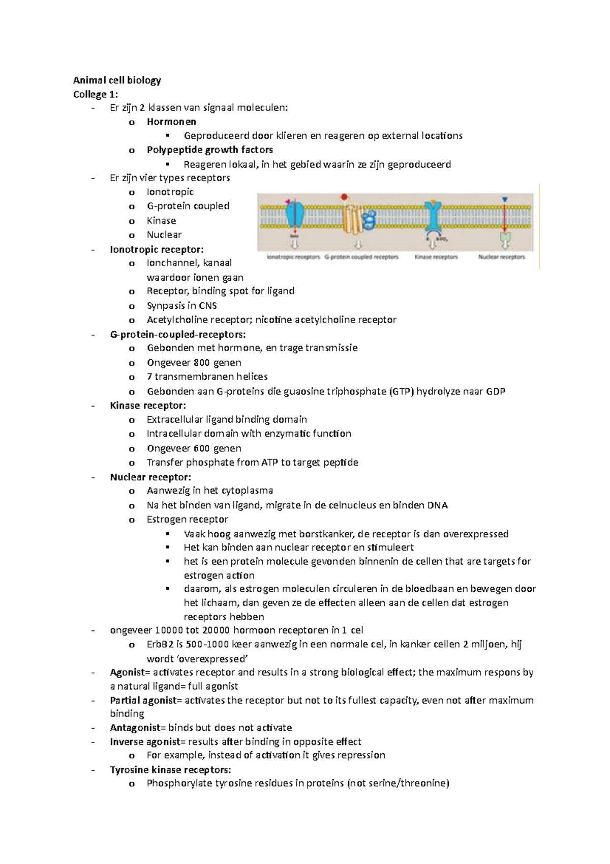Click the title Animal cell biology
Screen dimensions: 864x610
coord(117,80)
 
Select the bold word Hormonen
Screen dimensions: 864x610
coord(171,122)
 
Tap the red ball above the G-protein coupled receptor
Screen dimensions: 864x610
coord(344,196)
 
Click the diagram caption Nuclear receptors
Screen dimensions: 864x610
coord(501,257)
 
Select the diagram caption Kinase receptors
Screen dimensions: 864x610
coord(436,257)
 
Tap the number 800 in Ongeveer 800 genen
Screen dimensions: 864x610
coord(202,363)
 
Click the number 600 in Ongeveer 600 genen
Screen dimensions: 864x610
coord(202,448)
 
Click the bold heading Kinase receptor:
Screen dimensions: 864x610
coord(148,406)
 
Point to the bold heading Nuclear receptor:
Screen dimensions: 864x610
coord(150,477)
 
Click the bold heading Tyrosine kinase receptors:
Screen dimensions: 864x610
coord(170,769)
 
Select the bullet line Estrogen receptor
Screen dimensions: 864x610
coord(187,520)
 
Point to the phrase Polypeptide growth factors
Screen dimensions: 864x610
coord(209,150)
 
